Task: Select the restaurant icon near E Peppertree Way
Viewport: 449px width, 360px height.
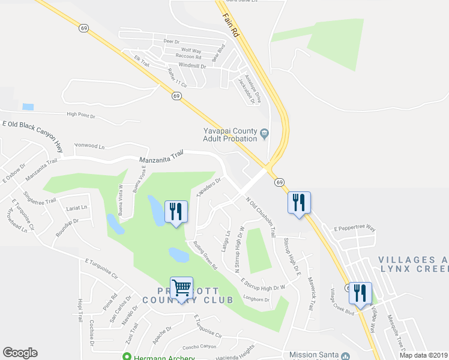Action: (299, 203)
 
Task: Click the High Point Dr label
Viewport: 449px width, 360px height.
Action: (82, 114)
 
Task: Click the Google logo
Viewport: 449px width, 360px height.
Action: (20, 353)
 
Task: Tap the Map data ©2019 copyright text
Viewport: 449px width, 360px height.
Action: (423, 355)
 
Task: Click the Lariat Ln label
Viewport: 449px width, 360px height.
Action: (76, 208)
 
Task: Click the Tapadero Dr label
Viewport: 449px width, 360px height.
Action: (209, 185)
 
